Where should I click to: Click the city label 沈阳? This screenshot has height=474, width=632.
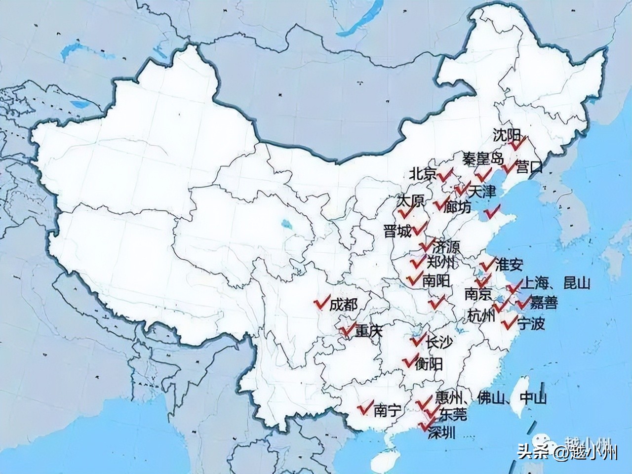pos(507,135)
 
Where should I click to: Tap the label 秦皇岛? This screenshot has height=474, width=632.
pos(483,159)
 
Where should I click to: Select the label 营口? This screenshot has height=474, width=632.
pos(529,167)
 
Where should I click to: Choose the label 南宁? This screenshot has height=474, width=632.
pos(388,410)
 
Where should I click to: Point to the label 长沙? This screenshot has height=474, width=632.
pos(438,342)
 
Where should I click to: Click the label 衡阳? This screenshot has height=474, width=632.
pos(428,364)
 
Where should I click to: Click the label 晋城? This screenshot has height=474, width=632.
pos(397,231)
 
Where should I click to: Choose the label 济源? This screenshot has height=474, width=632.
pos(445,246)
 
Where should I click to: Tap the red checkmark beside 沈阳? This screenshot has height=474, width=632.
pos(518,144)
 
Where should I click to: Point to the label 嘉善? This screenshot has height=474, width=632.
pos(544,302)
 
